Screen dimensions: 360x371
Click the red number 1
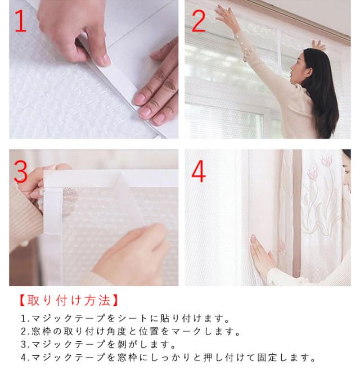pyautogui.click(x=21, y=21)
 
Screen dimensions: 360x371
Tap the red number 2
pyautogui.click(x=199, y=21)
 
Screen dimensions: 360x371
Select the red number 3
pyautogui.click(x=21, y=171)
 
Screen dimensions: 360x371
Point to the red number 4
pyautogui.click(x=199, y=171)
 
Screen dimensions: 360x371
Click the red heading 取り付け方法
pyautogui.click(x=69, y=301)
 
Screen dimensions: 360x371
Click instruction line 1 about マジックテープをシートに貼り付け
pyautogui.click(x=125, y=319)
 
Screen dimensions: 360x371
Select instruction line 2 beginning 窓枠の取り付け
pyautogui.click(x=130, y=331)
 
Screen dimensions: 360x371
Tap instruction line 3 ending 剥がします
pyautogui.click(x=98, y=344)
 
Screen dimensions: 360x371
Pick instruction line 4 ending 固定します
pyautogui.click(x=168, y=358)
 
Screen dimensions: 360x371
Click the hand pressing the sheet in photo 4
pyautogui.click(x=263, y=254)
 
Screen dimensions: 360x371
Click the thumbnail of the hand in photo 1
pyautogui.click(x=105, y=60)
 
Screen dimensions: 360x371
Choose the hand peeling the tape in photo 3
pyautogui.click(x=133, y=251)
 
